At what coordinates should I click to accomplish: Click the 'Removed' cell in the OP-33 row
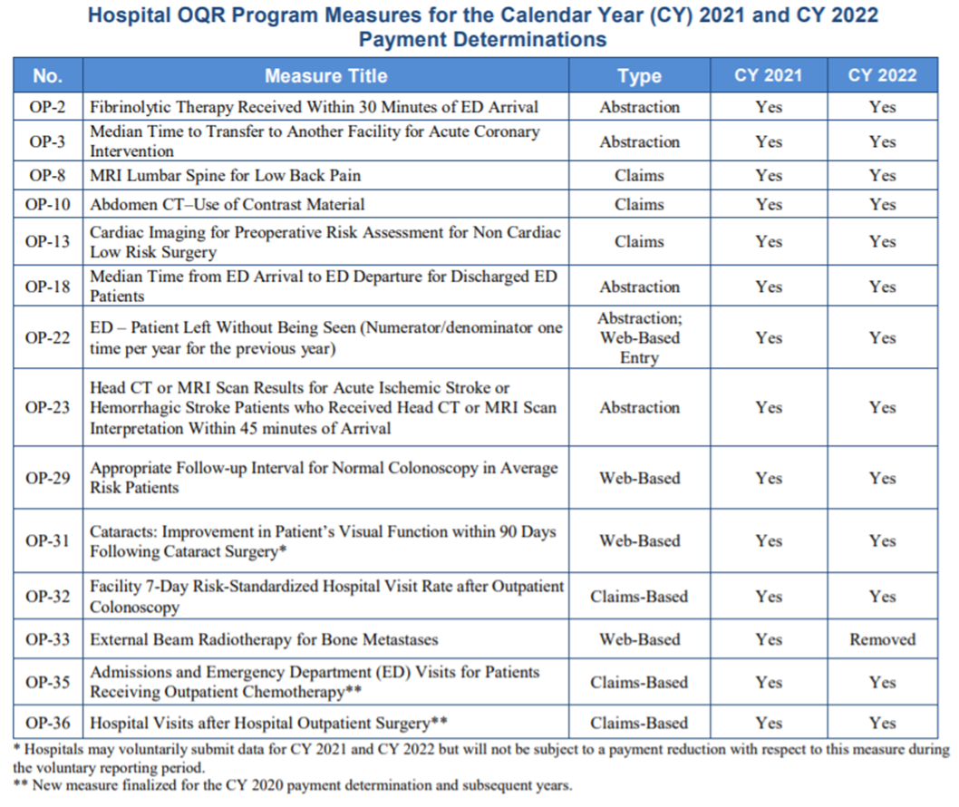pyautogui.click(x=882, y=639)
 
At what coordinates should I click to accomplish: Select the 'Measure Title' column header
pyautogui.click(x=325, y=76)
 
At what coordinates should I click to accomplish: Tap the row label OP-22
pyautogui.click(x=48, y=337)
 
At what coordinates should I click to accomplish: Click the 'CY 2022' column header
pyautogui.click(x=882, y=76)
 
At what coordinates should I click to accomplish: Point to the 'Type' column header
pyautogui.click(x=639, y=76)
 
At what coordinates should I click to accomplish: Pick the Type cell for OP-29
pyautogui.click(x=639, y=478)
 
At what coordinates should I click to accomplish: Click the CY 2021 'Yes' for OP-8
pyautogui.click(x=769, y=175)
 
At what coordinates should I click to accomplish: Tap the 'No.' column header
pyautogui.click(x=48, y=76)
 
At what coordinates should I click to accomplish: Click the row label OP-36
pyautogui.click(x=48, y=723)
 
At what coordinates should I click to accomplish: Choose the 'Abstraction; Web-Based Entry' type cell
pyautogui.click(x=639, y=337)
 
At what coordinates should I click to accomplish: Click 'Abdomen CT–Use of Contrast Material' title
pyautogui.click(x=228, y=204)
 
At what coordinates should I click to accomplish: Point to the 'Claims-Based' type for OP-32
pyautogui.click(x=639, y=597)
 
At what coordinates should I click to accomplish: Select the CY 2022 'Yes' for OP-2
pyautogui.click(x=882, y=107)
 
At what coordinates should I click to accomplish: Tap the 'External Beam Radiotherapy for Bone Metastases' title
pyautogui.click(x=264, y=639)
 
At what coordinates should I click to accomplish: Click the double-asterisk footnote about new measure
pyautogui.click(x=294, y=785)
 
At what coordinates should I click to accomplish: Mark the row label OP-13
pyautogui.click(x=48, y=241)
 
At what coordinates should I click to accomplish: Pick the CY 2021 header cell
pyautogui.click(x=769, y=76)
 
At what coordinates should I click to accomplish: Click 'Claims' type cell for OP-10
pyautogui.click(x=639, y=204)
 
